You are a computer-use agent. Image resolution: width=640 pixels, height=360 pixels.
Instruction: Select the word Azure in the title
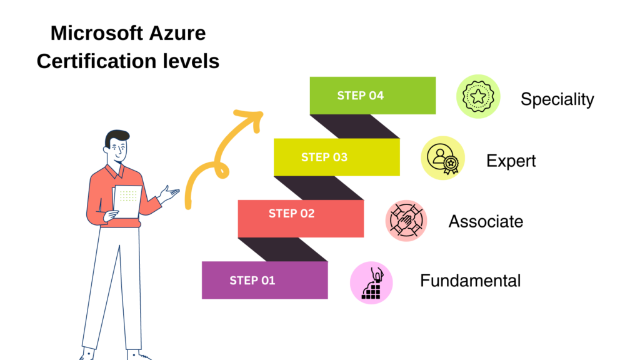coord(179,32)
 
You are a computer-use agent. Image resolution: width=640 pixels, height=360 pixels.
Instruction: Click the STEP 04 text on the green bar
coord(360,96)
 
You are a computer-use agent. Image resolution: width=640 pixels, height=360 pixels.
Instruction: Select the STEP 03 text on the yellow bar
coord(324,157)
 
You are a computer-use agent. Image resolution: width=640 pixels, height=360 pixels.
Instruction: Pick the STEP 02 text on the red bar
coord(291,213)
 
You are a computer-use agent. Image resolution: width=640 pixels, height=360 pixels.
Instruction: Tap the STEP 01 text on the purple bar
coord(252,280)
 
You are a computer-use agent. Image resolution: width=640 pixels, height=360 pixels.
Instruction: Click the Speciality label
coord(557,99)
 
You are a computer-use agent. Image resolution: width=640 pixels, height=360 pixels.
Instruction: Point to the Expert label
coord(511,161)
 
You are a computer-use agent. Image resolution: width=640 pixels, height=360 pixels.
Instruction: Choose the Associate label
coord(486,221)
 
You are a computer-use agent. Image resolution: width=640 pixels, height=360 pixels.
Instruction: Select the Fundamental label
coord(470,281)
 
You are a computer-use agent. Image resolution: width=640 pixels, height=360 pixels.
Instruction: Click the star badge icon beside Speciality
coord(478,96)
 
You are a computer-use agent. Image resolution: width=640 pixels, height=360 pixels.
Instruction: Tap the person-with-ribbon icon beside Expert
coord(442,157)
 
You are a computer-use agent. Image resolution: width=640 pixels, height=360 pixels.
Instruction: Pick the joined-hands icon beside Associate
coord(406,221)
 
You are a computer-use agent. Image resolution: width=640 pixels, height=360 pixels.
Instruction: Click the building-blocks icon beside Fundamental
coord(371,283)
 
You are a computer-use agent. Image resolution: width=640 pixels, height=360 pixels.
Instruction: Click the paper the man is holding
coord(127,201)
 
